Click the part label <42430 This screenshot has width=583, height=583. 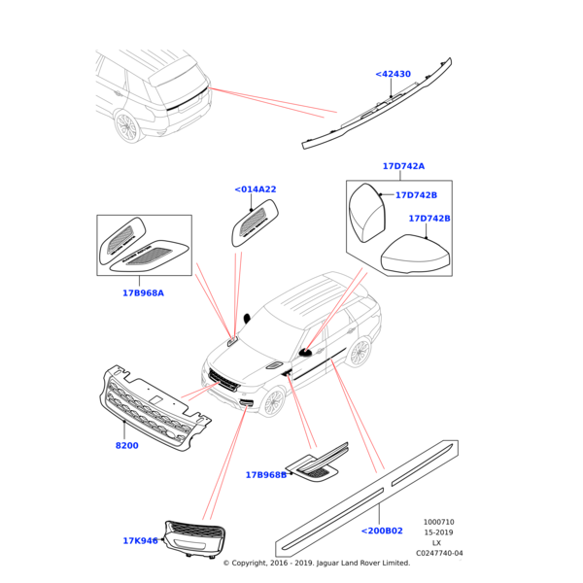point(393,74)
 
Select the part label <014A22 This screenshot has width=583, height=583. point(256,189)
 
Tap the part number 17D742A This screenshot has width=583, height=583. point(402,166)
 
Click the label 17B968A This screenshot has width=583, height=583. point(143,292)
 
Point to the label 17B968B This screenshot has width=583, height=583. point(265,475)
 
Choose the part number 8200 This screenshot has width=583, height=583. point(126,446)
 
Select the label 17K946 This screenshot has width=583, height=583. point(140,541)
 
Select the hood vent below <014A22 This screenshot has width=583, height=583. point(255,223)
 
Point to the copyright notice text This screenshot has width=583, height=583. point(316,563)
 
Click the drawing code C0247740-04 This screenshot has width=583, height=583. point(439,553)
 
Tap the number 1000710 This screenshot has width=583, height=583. point(438,522)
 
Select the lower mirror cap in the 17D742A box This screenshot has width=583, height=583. point(415,255)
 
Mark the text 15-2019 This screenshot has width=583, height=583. point(438,532)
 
